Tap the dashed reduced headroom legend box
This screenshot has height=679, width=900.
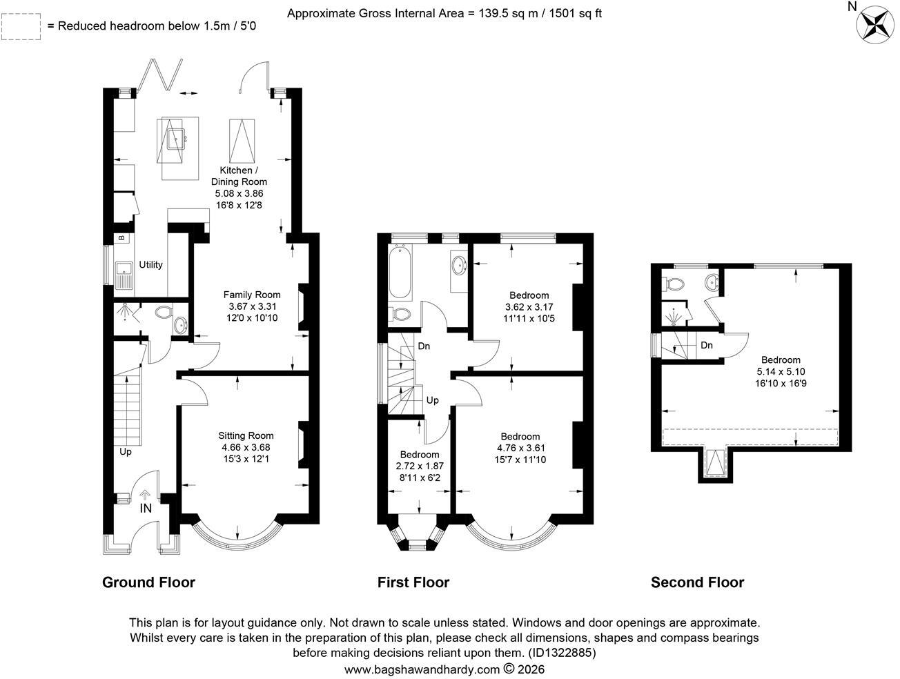pyautogui.click(x=21, y=27)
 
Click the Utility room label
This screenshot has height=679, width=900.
pyautogui.click(x=150, y=265)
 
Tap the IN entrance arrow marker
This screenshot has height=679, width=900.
pyautogui.click(x=146, y=502)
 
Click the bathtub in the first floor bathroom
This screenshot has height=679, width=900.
pyautogui.click(x=400, y=271)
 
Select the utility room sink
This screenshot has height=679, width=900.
pyautogui.click(x=124, y=275)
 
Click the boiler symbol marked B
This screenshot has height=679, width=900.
pyautogui.click(x=121, y=237)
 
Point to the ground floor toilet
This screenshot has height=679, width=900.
pyautogui.click(x=164, y=313)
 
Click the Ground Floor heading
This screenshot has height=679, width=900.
pyautogui.click(x=148, y=582)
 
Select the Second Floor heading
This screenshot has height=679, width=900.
pyautogui.click(x=697, y=582)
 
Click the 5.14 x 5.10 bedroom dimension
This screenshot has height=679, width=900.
pyautogui.click(x=781, y=372)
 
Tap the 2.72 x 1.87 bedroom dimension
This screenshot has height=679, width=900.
pyautogui.click(x=420, y=466)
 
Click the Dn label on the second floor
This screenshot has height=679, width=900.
pyautogui.click(x=707, y=345)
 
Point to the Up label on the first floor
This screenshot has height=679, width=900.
pyautogui.click(x=433, y=400)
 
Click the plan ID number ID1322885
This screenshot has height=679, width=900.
pyautogui.click(x=562, y=652)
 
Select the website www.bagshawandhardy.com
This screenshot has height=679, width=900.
pyautogui.click(x=422, y=669)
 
